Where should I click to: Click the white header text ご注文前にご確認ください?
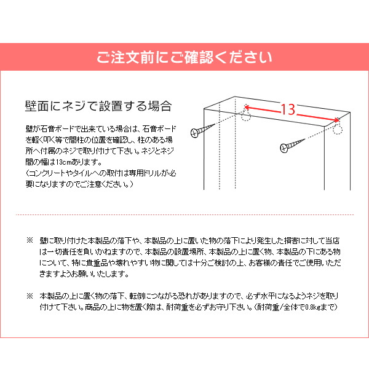(x=184, y=58)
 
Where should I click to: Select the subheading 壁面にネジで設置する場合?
(x=98, y=106)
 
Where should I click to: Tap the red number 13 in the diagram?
(x=287, y=109)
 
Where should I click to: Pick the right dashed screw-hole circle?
(x=337, y=128)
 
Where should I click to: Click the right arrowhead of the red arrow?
(x=336, y=120)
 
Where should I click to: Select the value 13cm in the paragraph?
(x=63, y=162)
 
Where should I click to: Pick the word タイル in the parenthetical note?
(x=79, y=173)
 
